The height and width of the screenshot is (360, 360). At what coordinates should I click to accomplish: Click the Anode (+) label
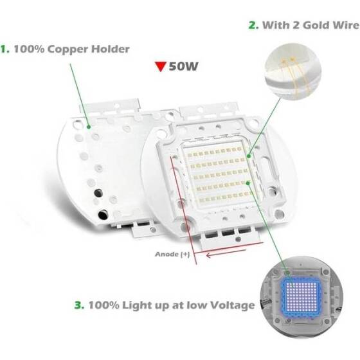click(173, 254)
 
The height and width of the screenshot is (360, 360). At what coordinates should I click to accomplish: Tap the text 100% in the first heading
click(27, 48)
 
